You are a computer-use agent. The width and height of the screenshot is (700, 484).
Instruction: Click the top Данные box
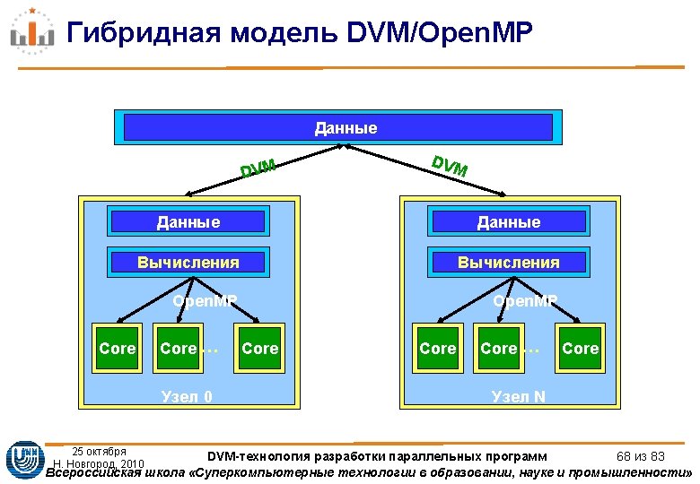[346, 128]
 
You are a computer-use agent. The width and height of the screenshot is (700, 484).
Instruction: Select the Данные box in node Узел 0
[188, 222]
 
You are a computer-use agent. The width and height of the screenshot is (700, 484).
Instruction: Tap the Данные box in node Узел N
[510, 222]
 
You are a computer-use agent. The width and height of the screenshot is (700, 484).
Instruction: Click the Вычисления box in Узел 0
[188, 263]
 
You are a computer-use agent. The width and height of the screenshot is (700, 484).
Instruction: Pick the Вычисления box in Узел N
[509, 263]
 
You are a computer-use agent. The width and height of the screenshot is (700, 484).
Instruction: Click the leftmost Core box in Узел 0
[118, 349]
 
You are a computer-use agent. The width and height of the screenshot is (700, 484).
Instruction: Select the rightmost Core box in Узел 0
[260, 349]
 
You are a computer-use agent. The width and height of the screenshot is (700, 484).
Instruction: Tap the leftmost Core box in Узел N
[438, 349]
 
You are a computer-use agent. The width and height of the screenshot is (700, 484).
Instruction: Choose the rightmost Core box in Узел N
[580, 349]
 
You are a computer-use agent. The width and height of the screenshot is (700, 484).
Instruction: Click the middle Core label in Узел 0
[178, 349]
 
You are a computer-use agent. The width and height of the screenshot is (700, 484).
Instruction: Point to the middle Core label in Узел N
[499, 349]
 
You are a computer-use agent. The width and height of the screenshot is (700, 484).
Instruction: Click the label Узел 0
[186, 395]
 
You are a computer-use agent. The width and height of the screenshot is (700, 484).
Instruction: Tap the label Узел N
[518, 395]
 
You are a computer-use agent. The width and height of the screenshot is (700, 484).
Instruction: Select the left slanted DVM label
[257, 167]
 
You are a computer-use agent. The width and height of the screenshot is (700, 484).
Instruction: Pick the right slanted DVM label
[449, 166]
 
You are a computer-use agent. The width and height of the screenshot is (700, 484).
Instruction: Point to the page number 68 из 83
[640, 458]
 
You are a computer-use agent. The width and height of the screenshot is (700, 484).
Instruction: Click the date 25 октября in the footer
[99, 451]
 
